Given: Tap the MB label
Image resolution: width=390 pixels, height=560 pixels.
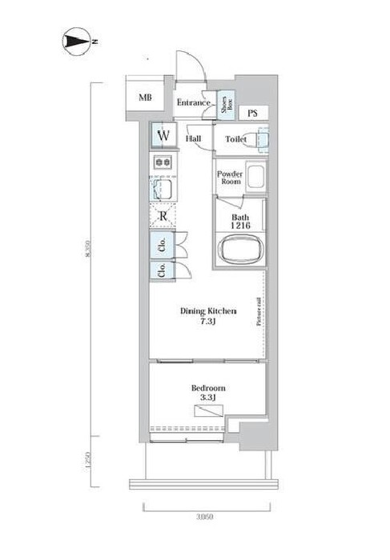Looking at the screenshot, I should (145, 98).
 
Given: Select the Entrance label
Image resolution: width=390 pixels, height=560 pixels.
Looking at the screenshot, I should (193, 102).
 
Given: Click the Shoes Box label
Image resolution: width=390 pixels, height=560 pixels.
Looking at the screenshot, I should (227, 103).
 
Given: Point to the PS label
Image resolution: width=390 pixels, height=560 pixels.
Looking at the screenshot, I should (252, 113).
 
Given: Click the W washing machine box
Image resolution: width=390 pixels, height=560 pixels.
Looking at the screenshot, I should (163, 136).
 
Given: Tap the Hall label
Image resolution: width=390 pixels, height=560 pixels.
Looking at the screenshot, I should (193, 138).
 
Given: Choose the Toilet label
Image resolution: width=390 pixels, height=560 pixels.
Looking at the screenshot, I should (235, 139).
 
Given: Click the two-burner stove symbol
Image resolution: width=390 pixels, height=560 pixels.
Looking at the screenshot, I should (163, 163).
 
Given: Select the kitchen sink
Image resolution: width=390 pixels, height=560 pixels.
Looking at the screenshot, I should (163, 190).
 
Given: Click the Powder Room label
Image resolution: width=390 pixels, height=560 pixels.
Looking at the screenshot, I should (230, 176).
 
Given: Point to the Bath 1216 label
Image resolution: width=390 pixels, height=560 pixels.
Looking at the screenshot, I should (240, 222).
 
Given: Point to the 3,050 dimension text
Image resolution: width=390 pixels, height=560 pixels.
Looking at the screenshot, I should (207, 518).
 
